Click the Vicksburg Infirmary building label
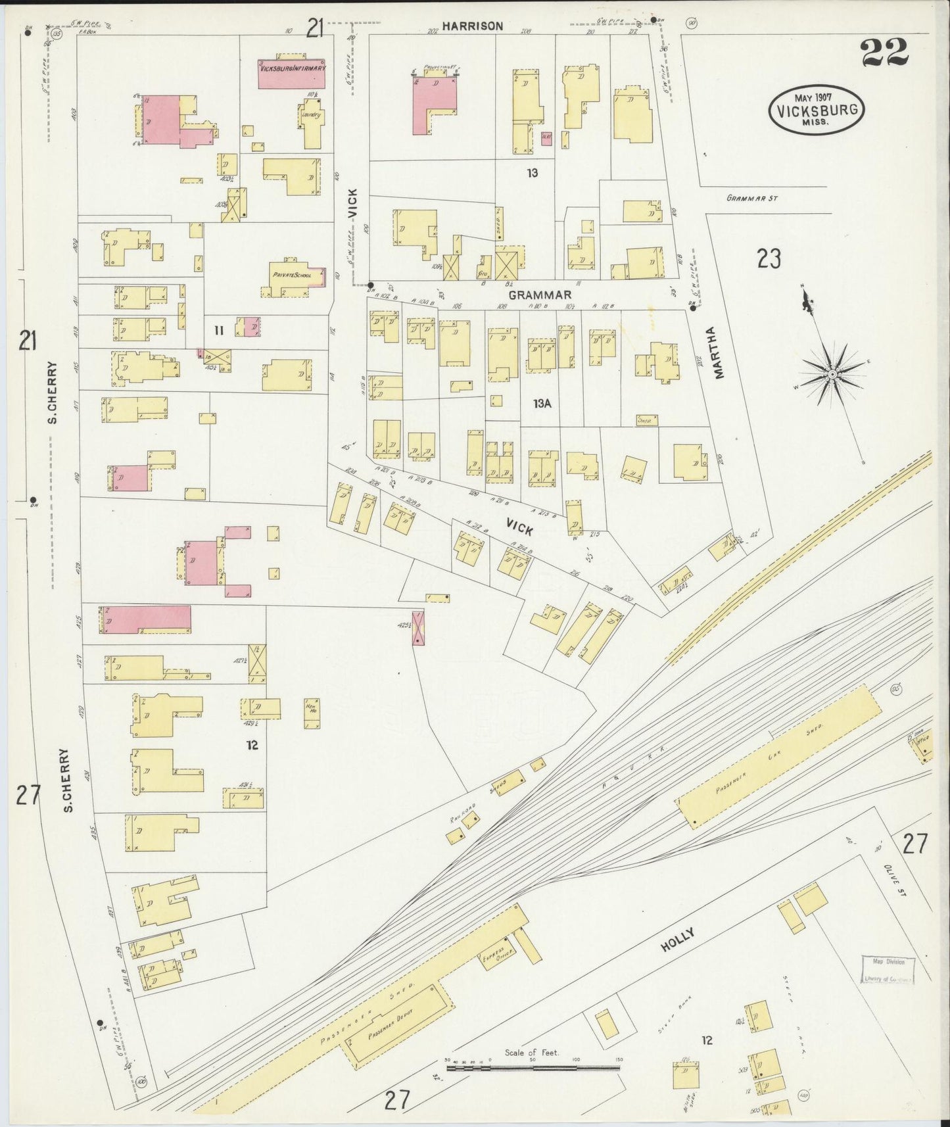(x=293, y=68)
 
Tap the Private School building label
(x=292, y=275)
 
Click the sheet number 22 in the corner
(x=884, y=53)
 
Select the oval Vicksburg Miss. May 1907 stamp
(x=816, y=109)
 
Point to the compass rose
(x=832, y=373)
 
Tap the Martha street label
(x=719, y=352)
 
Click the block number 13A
(x=542, y=404)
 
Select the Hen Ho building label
(x=312, y=708)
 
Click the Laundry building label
(x=310, y=115)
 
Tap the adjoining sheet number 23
(x=768, y=259)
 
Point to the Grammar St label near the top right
(x=752, y=197)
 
